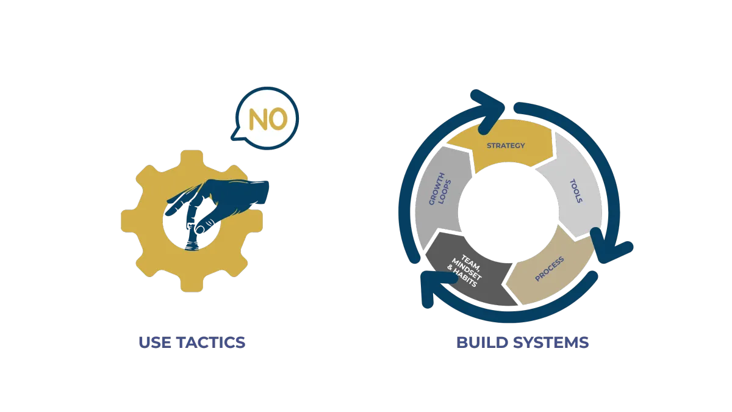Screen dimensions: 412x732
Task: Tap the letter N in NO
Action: [x=259, y=119]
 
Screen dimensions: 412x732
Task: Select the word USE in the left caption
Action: [x=154, y=342]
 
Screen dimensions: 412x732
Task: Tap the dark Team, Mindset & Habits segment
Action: [x=470, y=275]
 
